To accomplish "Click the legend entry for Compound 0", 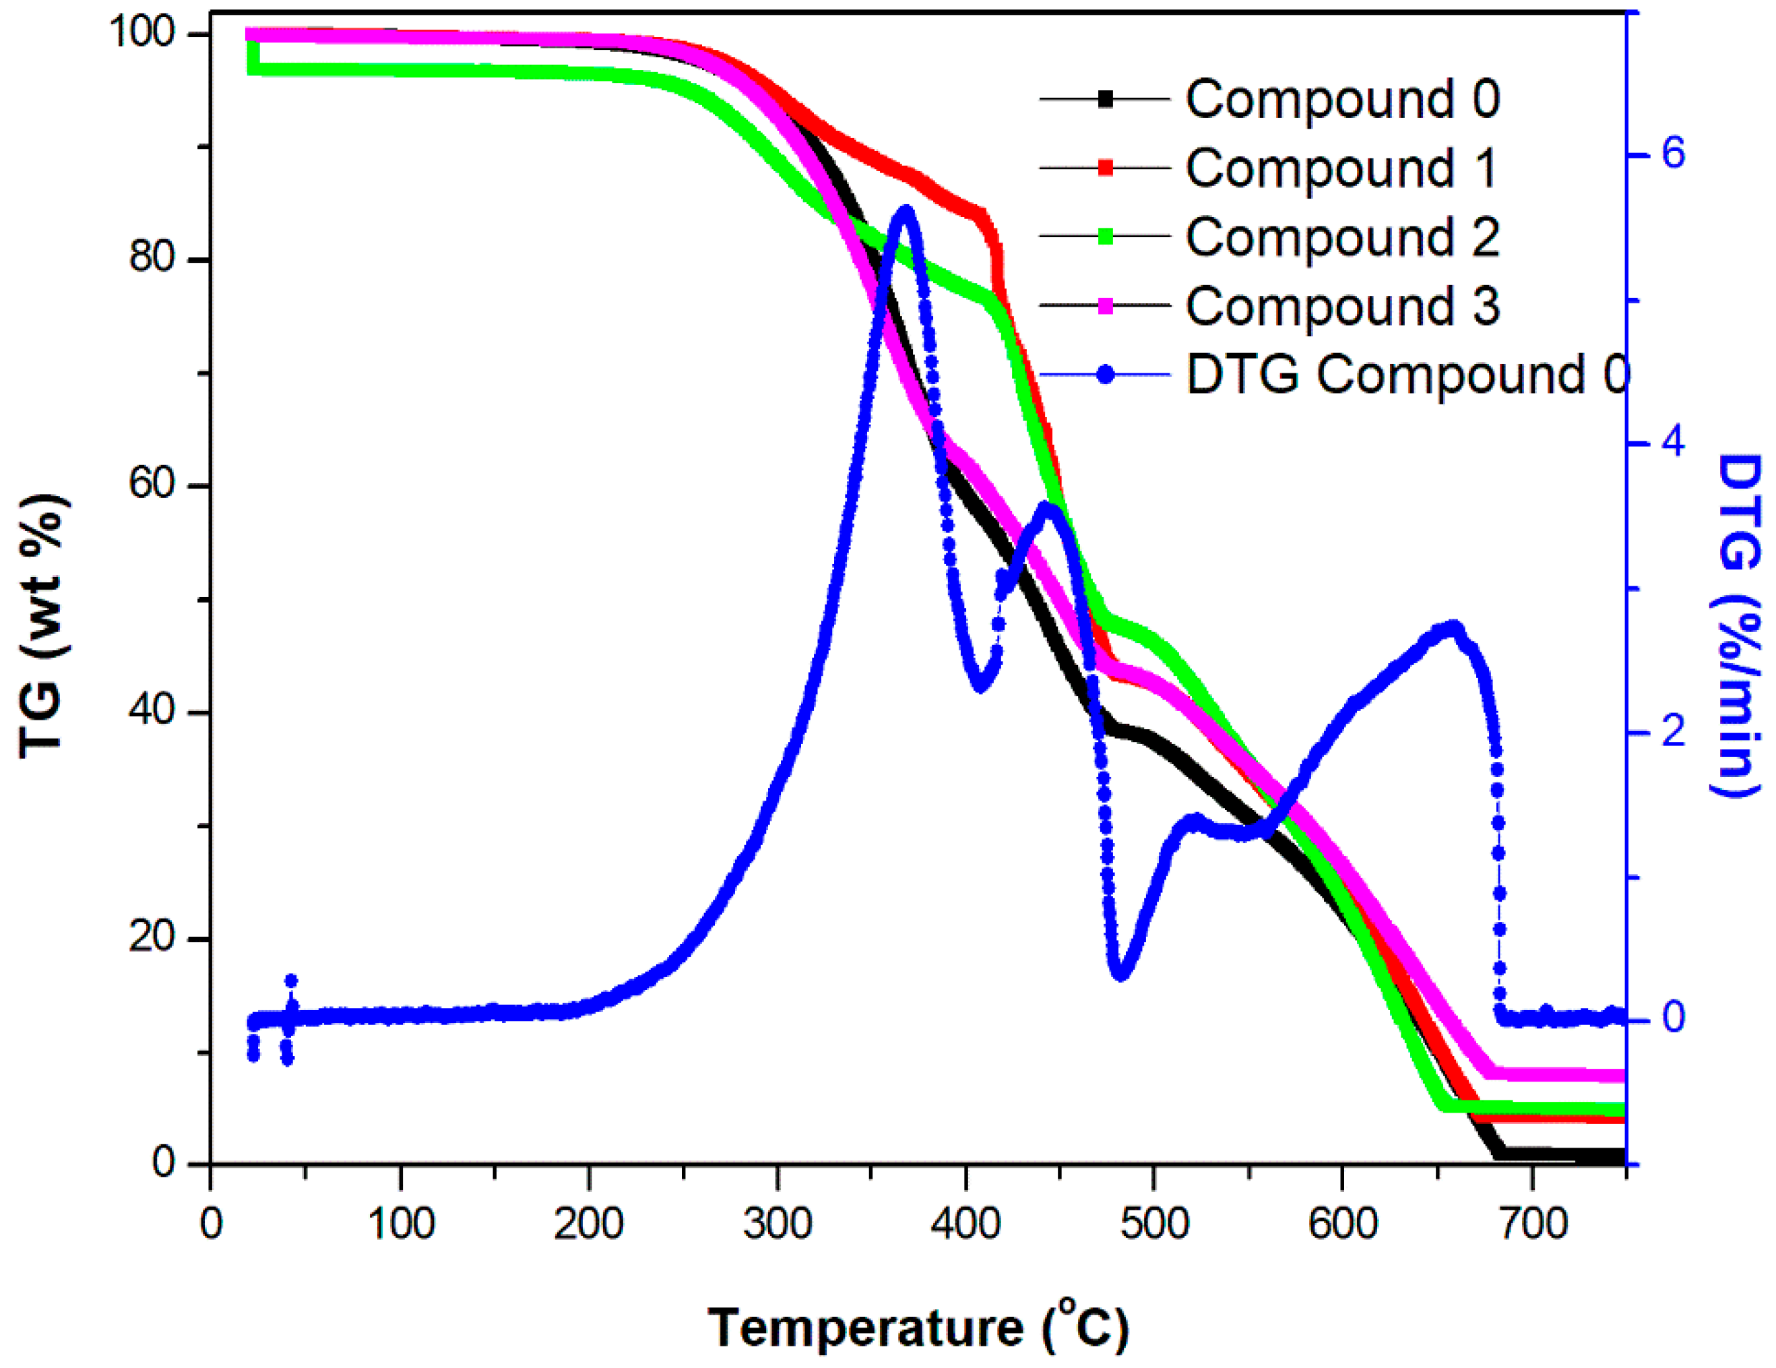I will [1341, 99].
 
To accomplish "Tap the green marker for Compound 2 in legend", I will [1105, 237].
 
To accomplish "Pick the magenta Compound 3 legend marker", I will [1105, 306].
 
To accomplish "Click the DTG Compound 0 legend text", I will [1407, 375].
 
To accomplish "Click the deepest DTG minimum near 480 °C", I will [1120, 974].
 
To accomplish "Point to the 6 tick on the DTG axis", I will [1673, 154].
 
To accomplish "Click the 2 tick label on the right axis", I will [1673, 732].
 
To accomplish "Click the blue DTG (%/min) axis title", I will [1738, 626].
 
